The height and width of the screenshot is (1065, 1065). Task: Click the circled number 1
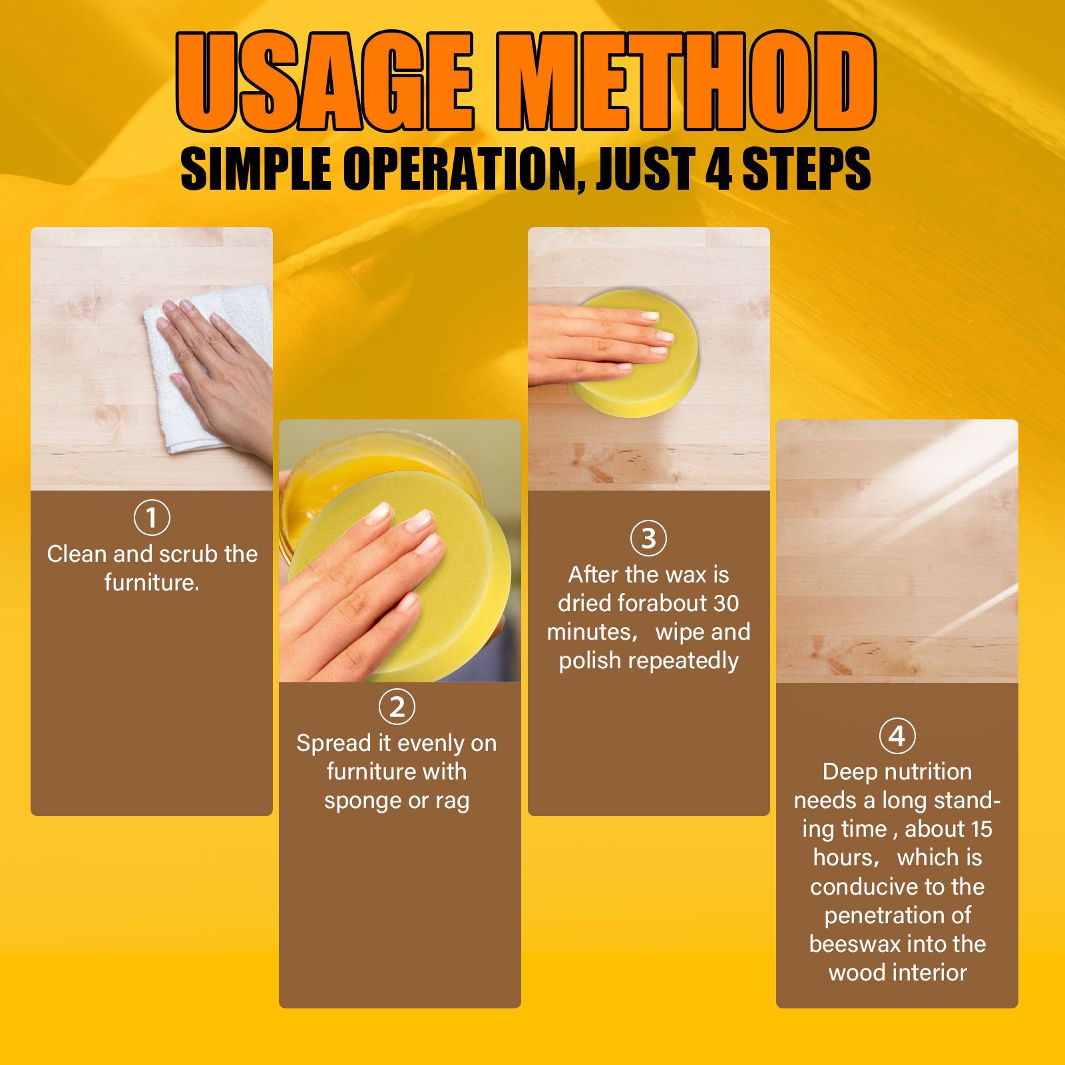tap(152, 518)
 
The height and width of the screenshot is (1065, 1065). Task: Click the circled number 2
tap(397, 706)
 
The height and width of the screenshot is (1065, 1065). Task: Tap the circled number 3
tap(648, 538)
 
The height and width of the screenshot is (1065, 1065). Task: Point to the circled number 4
tap(897, 736)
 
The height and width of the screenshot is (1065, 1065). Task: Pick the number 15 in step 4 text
tap(978, 829)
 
